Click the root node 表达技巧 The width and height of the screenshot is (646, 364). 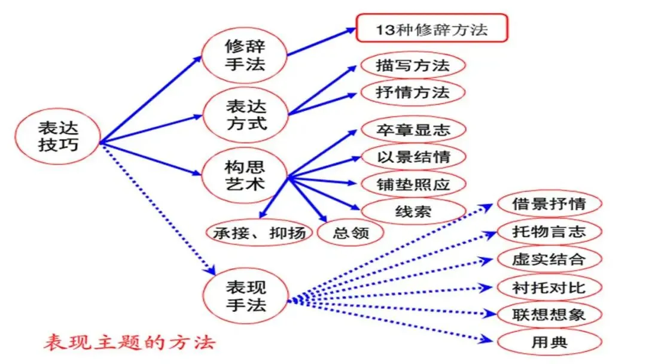tap(58, 136)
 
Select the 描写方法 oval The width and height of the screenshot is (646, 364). tap(413, 65)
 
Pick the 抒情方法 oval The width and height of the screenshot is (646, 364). tap(413, 93)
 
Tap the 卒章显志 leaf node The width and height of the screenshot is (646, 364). tap(413, 130)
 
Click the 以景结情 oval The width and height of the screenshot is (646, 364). tap(413, 157)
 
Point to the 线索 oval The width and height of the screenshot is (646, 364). tap(413, 211)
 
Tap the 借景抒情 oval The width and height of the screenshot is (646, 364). tap(549, 204)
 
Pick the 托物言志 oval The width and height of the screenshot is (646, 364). tap(549, 231)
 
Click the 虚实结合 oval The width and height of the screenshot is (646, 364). tap(549, 259)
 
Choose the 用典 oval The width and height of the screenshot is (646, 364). tap(549, 342)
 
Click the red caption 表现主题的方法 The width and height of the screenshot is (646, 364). tap(129, 343)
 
